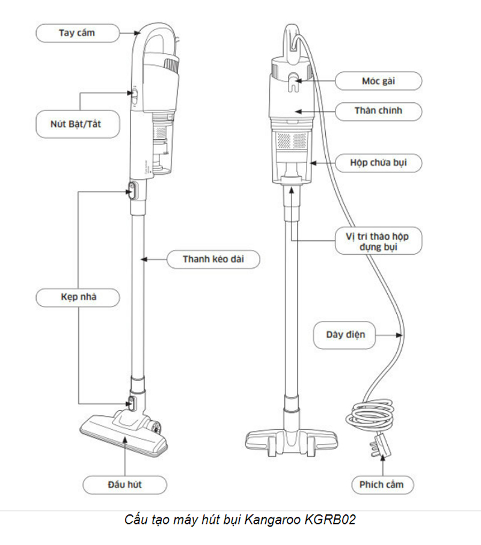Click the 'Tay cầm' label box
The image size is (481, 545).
click(x=77, y=32)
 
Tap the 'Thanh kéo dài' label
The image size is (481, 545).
click(x=213, y=260)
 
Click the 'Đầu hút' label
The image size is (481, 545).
click(x=124, y=484)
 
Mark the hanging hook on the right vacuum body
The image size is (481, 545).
click(x=292, y=80)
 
